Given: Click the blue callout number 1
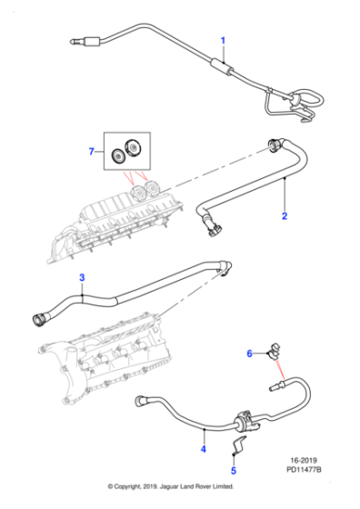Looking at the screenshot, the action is (x=223, y=41).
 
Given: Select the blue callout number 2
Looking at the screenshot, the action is (x=285, y=216).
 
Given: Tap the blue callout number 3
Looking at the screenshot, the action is (x=82, y=277).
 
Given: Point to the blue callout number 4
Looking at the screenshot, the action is (x=204, y=449).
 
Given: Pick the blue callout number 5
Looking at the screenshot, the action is (x=234, y=471).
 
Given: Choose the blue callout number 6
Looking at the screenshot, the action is (x=249, y=354).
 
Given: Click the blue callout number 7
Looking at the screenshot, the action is (x=92, y=151).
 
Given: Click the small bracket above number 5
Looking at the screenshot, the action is (x=239, y=444).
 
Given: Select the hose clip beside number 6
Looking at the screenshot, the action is (x=273, y=352).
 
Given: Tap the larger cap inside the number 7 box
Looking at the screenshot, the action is (x=133, y=147).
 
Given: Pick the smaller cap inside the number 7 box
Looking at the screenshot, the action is (x=118, y=156).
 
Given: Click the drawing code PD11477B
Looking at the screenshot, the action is (x=304, y=469).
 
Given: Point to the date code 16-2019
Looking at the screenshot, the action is (x=304, y=460).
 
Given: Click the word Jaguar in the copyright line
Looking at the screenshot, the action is (x=169, y=486).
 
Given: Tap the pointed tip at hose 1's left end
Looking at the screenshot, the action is (x=72, y=42).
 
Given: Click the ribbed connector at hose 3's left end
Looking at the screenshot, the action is (x=40, y=319).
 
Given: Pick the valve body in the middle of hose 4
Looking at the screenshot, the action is (x=245, y=421).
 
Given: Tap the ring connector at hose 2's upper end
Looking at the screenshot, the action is (x=275, y=145).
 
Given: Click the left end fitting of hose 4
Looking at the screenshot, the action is (x=140, y=401).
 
